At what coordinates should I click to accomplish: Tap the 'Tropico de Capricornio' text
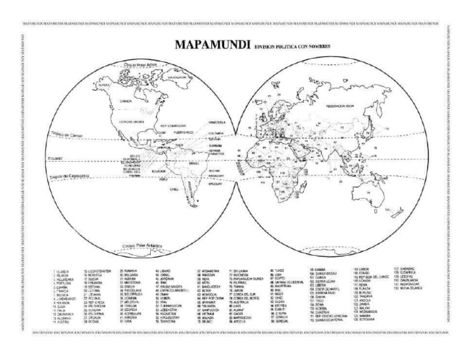click(x=68, y=176)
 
